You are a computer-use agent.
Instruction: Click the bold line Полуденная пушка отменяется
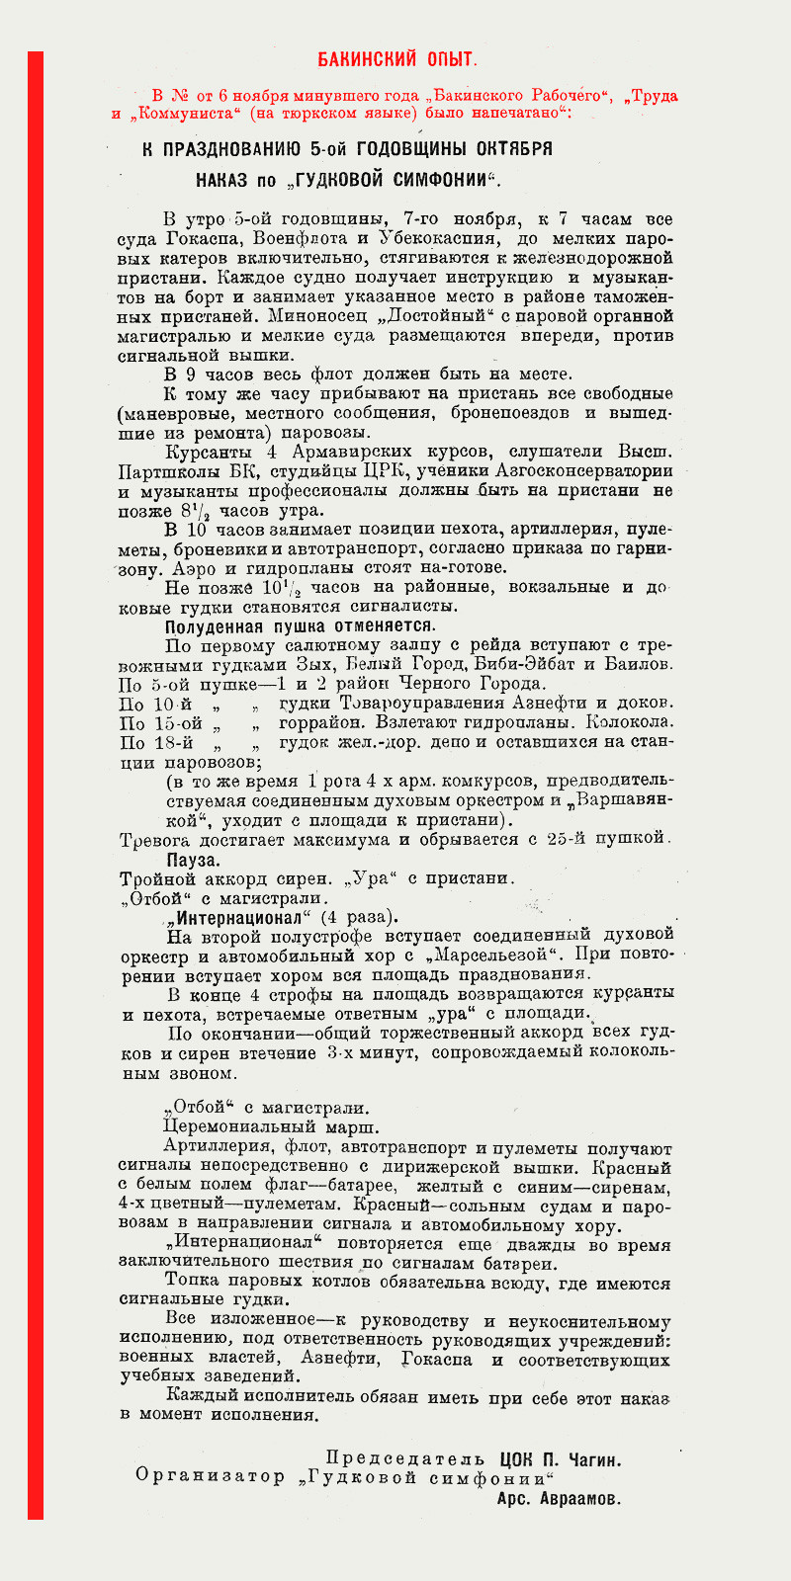(x=300, y=625)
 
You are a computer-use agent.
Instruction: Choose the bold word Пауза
(x=190, y=860)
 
